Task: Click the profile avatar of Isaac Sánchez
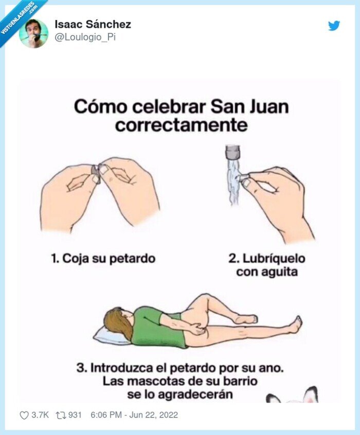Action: [33, 33]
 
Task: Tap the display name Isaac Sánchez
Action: [93, 24]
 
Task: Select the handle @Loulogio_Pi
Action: [85, 38]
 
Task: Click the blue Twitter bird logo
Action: [334, 25]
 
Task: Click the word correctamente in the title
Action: [181, 125]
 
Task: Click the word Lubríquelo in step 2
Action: [274, 258]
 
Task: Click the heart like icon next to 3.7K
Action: [24, 415]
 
